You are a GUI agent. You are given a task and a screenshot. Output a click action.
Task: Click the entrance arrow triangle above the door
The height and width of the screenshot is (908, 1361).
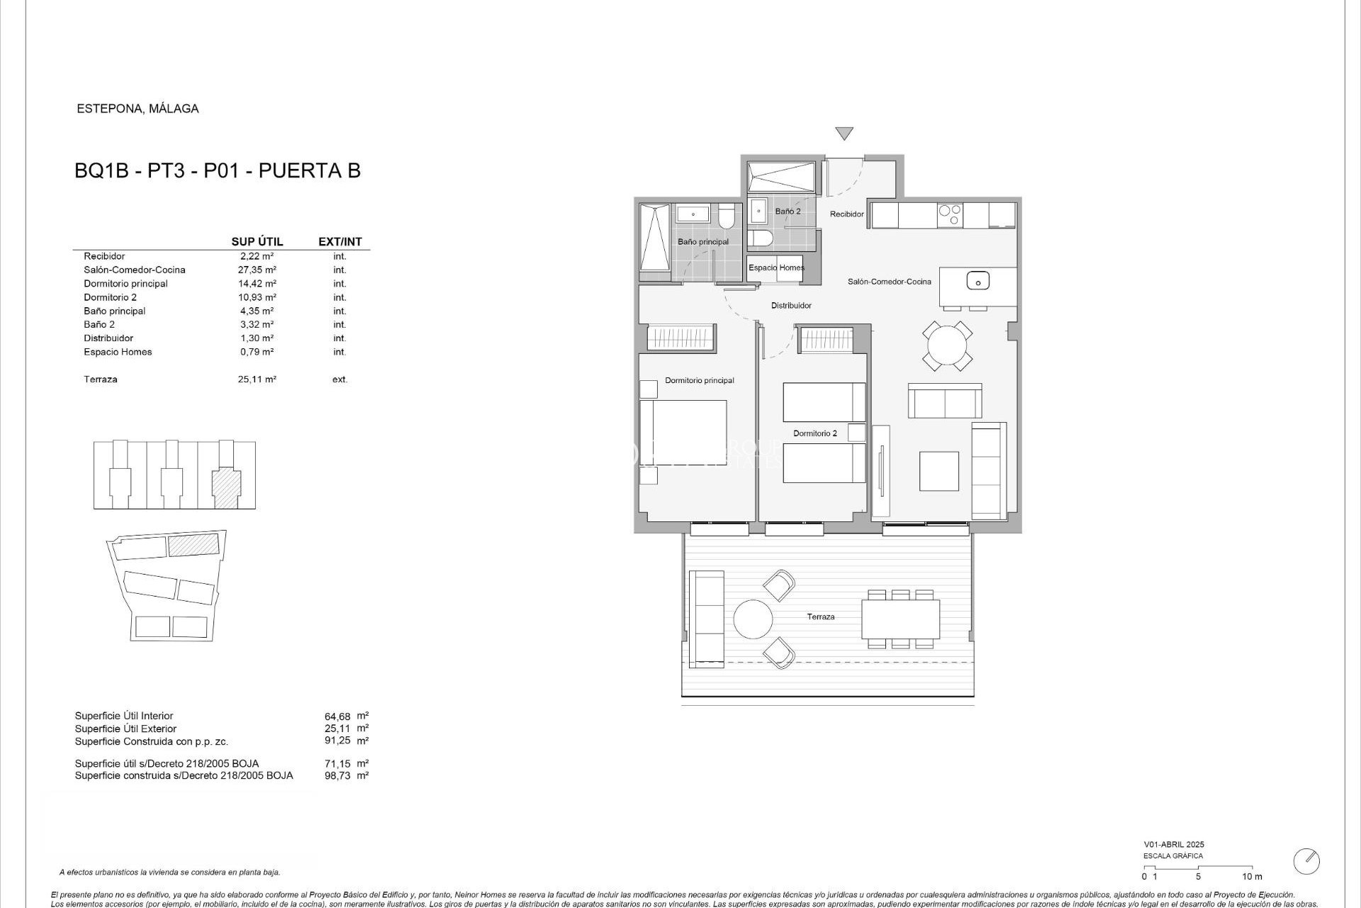point(844,133)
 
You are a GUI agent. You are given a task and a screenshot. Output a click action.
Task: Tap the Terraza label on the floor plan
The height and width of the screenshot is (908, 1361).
point(820,616)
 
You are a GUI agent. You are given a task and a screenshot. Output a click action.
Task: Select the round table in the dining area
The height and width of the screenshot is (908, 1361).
point(947,345)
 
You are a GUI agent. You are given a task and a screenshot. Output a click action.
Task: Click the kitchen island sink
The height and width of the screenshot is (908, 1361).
point(978,281)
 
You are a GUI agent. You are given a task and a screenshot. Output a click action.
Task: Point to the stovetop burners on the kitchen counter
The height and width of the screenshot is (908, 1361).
point(949,214)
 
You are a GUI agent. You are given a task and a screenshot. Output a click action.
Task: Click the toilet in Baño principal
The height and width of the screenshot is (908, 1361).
point(727,216)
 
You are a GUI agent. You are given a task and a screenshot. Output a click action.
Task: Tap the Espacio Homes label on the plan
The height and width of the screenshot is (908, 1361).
point(776,267)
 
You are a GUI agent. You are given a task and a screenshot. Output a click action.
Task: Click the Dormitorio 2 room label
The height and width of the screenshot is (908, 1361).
point(814,433)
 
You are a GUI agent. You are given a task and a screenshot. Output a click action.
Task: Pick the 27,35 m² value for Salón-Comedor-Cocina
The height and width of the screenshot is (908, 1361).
point(257,270)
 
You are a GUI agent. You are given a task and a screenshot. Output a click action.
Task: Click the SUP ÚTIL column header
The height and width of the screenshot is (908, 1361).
point(257,241)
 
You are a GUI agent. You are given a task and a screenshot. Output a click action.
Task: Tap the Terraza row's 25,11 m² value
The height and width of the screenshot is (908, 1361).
point(257,379)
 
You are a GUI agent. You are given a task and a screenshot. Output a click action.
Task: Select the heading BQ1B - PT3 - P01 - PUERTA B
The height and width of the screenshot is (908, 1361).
point(218,170)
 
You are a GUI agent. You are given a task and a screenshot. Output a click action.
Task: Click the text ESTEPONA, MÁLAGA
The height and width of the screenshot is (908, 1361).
point(138,109)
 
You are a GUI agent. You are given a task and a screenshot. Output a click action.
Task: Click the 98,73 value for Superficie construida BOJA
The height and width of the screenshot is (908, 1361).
point(337,775)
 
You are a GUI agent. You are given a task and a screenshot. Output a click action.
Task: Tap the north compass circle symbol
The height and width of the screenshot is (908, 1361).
point(1306,861)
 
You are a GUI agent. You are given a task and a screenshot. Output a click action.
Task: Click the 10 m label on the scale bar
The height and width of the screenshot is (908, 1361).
point(1252,877)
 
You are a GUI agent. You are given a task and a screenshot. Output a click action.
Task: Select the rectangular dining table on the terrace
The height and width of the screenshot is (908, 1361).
point(900,619)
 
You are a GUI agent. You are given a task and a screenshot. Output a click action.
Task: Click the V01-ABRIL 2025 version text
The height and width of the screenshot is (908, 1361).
point(1173,844)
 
